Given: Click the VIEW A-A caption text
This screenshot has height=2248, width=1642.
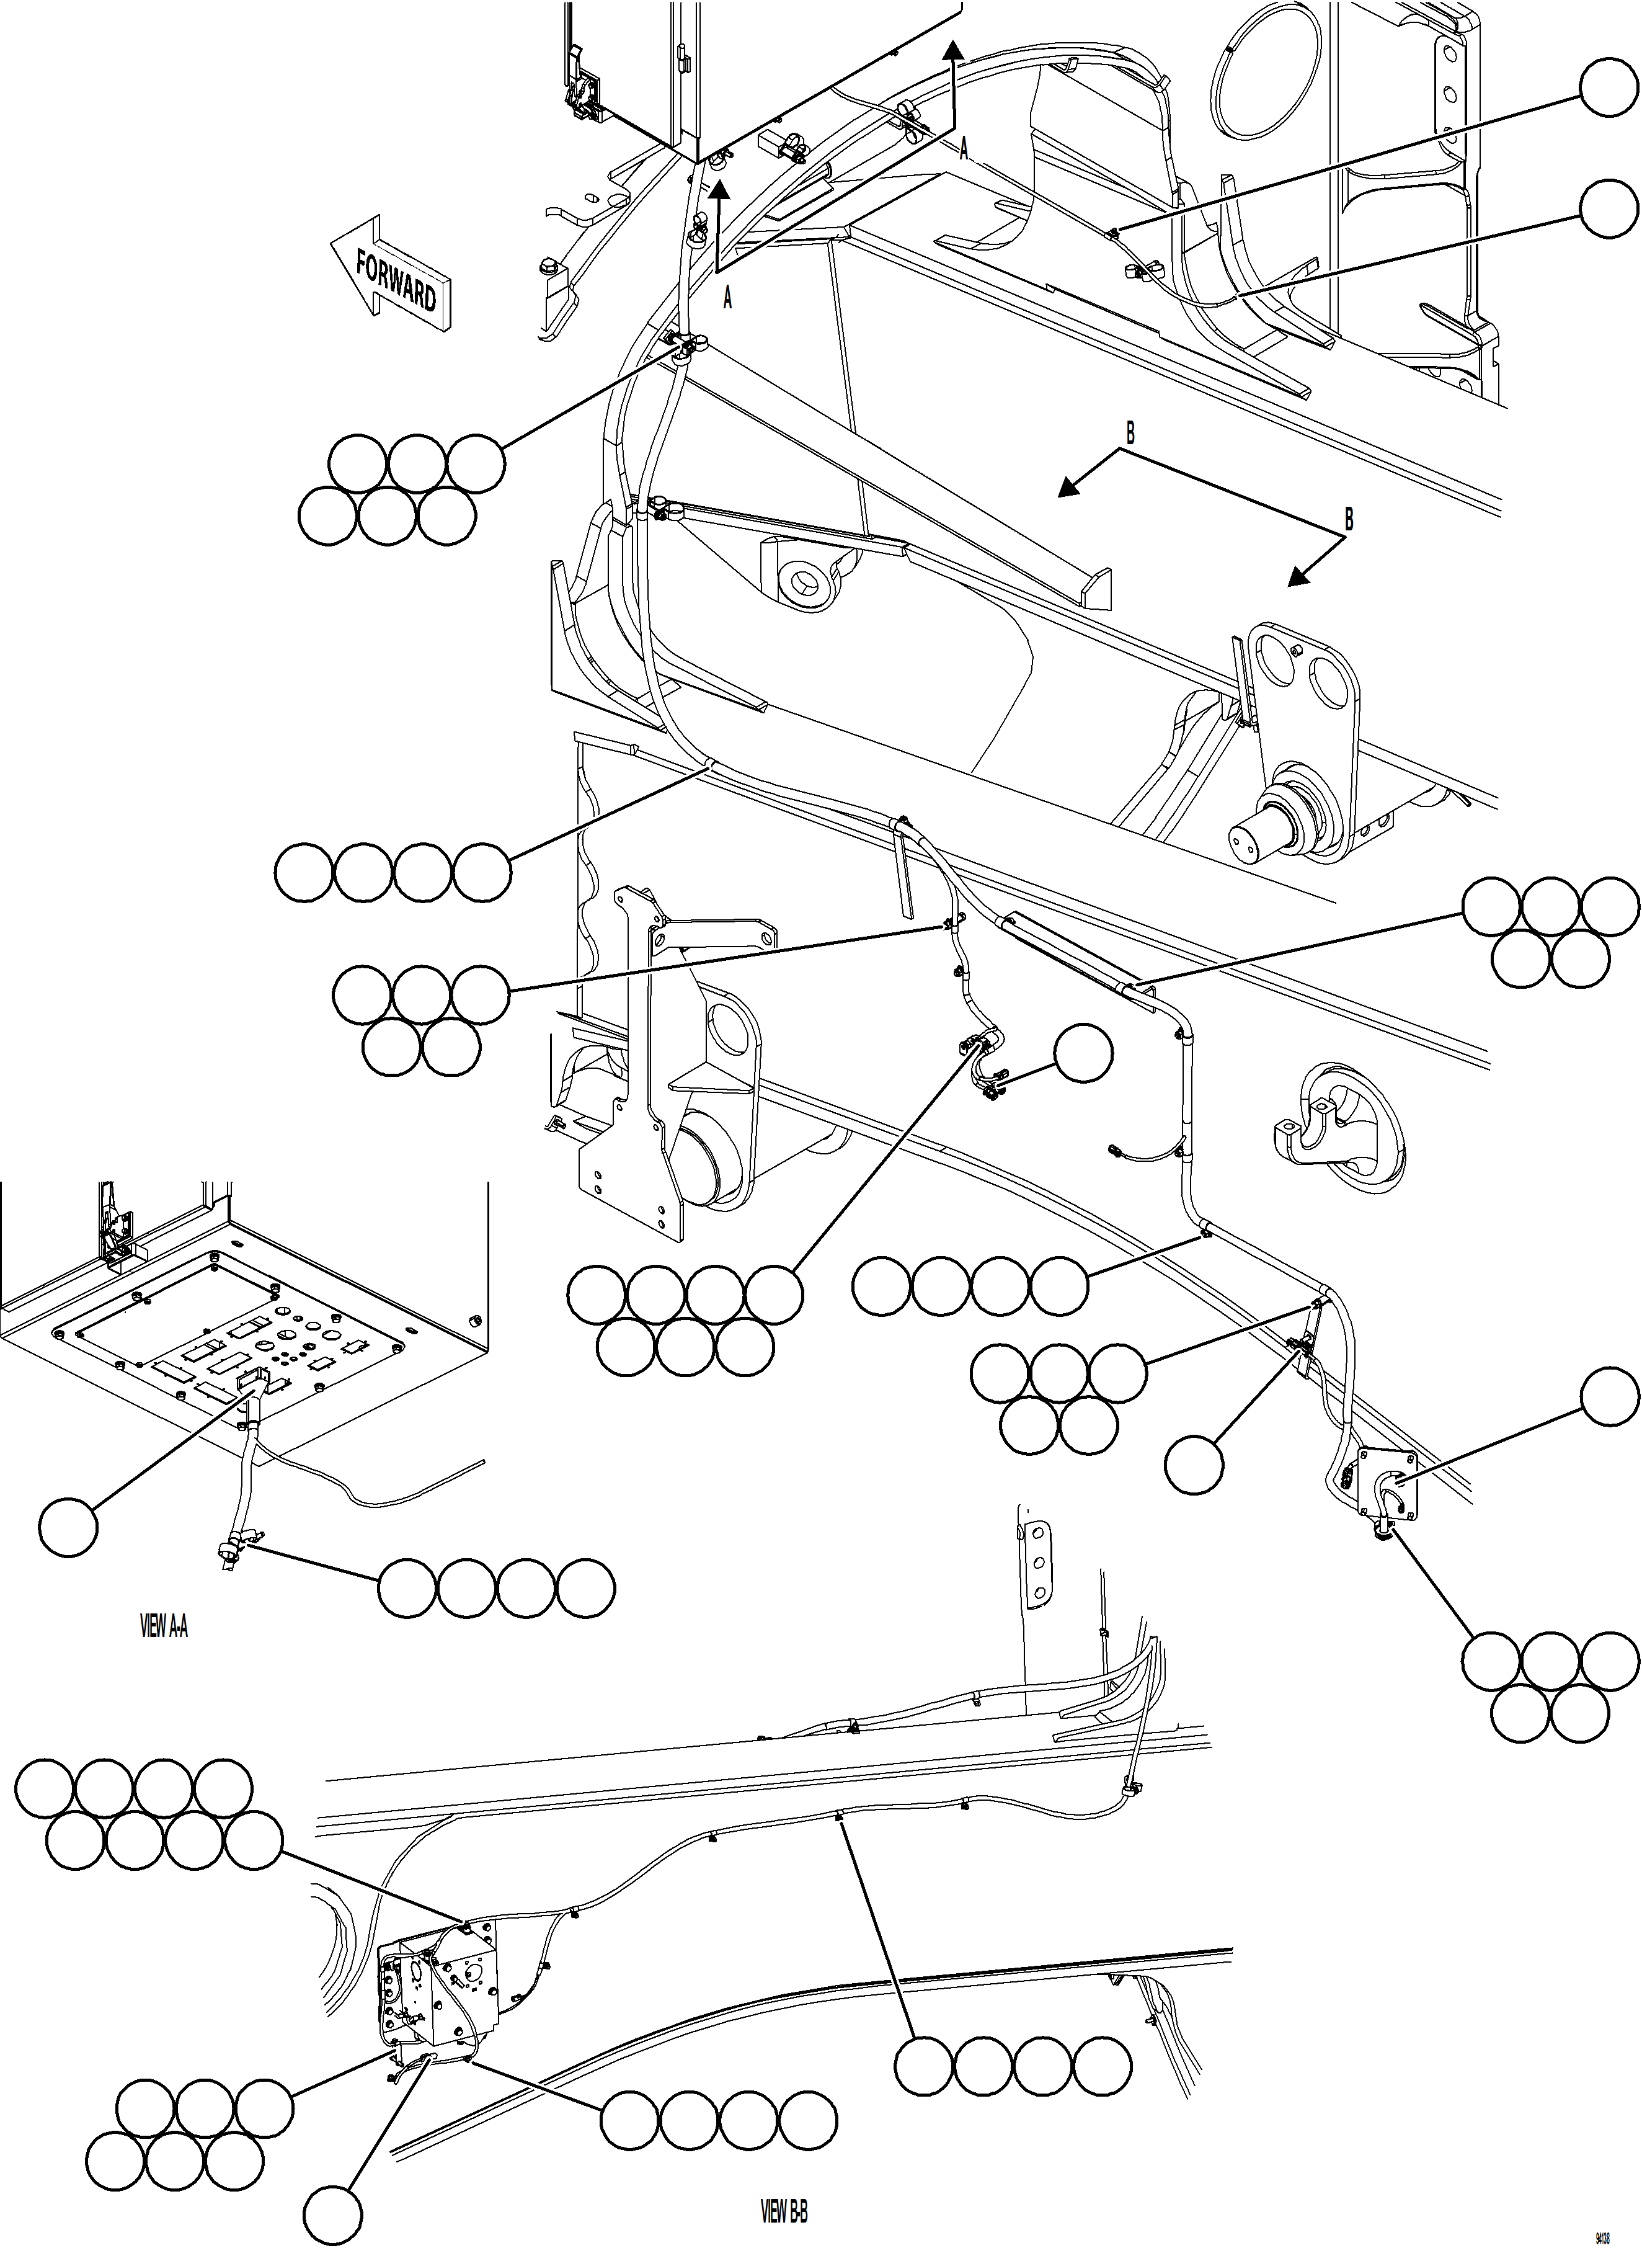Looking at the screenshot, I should click(164, 1626).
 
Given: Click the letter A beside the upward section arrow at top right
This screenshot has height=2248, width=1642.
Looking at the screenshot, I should click(963, 150).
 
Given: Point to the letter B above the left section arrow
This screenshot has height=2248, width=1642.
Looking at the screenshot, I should click(1130, 434).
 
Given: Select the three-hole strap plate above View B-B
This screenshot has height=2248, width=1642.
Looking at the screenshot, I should click(1037, 1555).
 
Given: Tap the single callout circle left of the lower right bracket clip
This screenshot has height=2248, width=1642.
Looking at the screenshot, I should click(1194, 1465).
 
